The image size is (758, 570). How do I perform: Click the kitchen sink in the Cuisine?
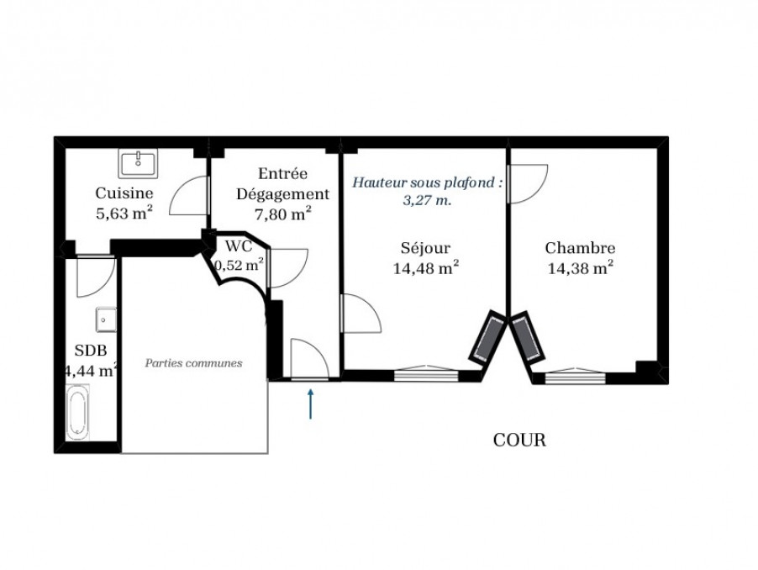coord(139,163)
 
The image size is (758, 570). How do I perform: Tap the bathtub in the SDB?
coord(78,412)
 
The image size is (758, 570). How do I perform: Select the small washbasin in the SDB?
coord(106,319)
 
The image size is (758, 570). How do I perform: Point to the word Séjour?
coord(425,248)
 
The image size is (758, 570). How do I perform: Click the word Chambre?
coord(580,248)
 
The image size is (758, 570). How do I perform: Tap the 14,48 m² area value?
coord(426,268)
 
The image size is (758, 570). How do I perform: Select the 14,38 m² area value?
coord(581,268)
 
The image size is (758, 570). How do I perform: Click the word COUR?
coord(519,440)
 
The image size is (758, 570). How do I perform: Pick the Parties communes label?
coord(194,363)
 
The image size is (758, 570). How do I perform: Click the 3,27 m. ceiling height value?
coord(428,200)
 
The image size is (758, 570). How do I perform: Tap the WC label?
coord(239,246)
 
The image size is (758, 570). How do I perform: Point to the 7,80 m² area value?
coord(283,214)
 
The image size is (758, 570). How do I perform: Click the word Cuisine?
coord(124,193)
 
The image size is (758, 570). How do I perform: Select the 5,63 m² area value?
coord(124,214)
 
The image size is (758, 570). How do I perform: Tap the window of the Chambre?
coord(575,376)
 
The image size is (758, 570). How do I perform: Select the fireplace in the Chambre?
coord(528,337)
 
